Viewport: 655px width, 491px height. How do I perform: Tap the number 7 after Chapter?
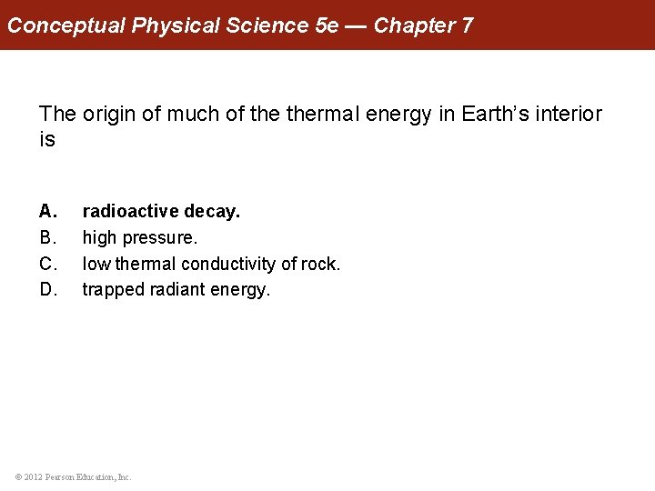tap(467, 25)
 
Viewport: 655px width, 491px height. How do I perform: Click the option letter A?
tap(48, 212)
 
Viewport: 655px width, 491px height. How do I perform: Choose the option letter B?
tap(48, 238)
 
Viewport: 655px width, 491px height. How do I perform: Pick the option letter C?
tap(48, 265)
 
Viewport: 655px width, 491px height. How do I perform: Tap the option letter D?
tap(48, 290)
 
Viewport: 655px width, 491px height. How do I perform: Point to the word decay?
tap(212, 212)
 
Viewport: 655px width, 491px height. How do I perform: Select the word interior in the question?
tap(570, 115)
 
